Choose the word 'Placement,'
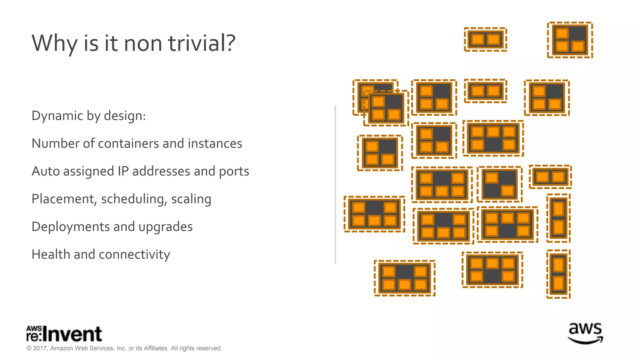pos(64,199)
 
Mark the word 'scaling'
pos(191,199)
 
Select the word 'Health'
pos(51,254)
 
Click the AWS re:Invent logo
pos(64,334)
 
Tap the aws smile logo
pos(585,333)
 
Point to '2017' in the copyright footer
pos(40,348)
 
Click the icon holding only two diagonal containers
pos(499,184)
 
